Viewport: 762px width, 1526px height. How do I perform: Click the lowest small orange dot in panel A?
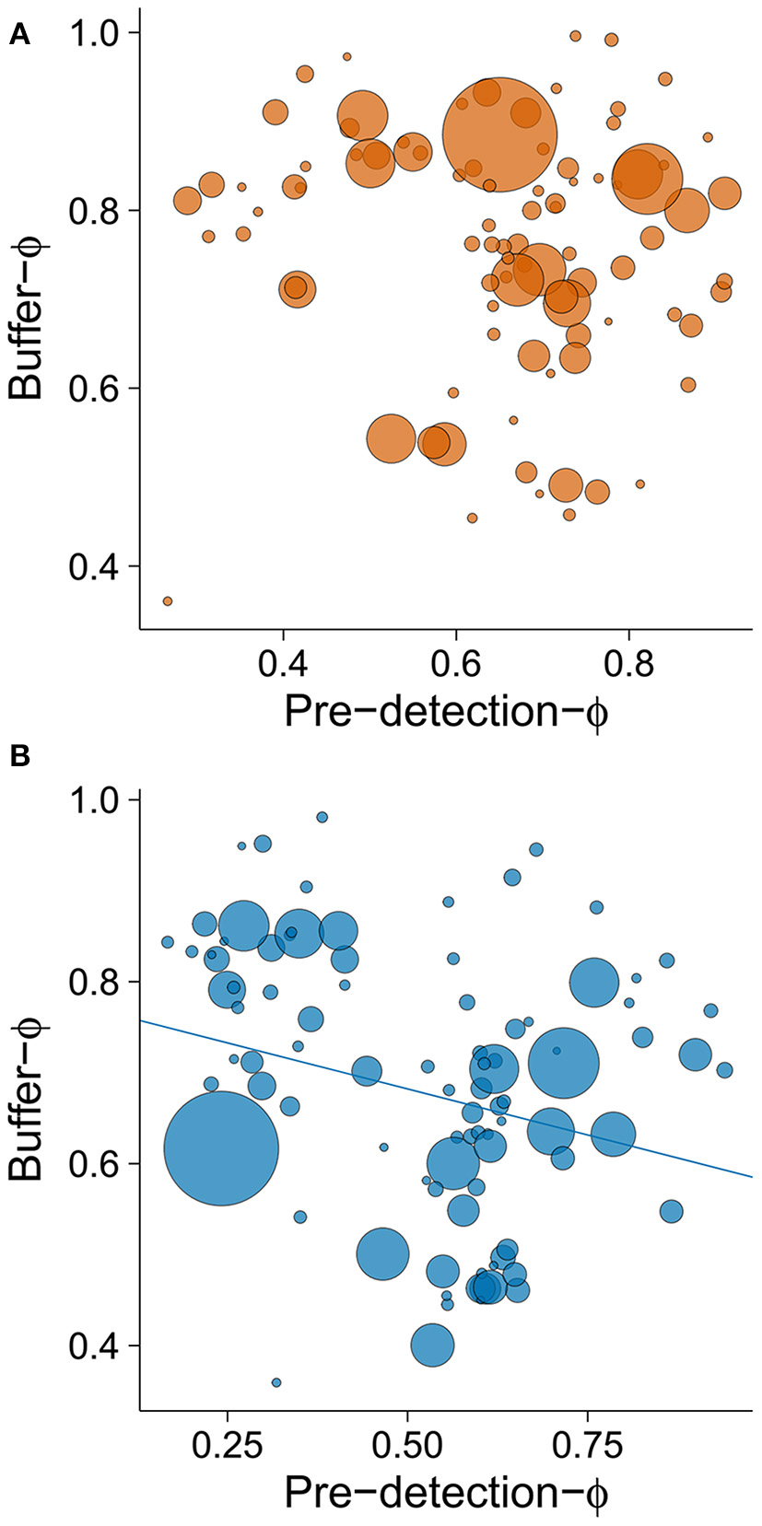click(x=168, y=601)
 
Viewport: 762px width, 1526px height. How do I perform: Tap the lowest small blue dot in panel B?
click(x=276, y=1382)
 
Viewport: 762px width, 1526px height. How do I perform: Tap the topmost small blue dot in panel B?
click(x=322, y=817)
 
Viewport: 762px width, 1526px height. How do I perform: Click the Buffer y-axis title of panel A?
click(x=28, y=320)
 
